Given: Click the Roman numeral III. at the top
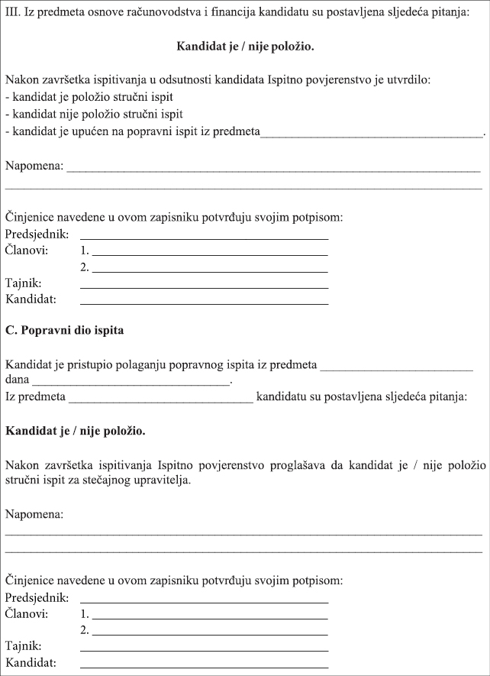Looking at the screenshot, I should pyautogui.click(x=13, y=15).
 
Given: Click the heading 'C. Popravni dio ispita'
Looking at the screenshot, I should pyautogui.click(x=64, y=331).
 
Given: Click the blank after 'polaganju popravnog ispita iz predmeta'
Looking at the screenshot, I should pyautogui.click(x=397, y=367).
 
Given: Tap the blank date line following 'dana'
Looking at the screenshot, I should pyautogui.click(x=131, y=383).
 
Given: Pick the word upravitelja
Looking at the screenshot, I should pyautogui.click(x=153, y=481).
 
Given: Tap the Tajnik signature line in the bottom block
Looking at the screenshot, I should pyautogui.click(x=204, y=649).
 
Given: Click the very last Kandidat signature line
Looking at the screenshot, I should pyautogui.click(x=204, y=667).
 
